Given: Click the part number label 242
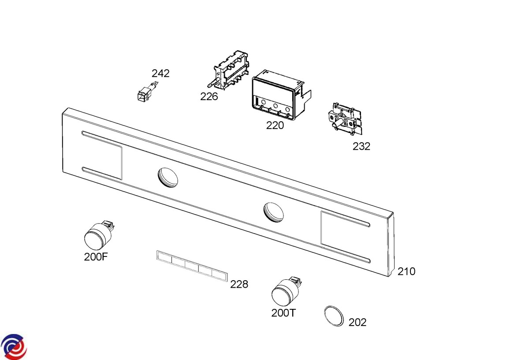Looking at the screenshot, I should tap(160, 73).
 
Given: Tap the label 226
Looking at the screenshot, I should tap(209, 96).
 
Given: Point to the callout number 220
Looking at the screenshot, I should tap(275, 125).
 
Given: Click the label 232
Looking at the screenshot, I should tap(361, 146).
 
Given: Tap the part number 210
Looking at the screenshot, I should tap(406, 271).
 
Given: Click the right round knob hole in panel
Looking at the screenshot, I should tap(274, 211).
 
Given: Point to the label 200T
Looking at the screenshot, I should tap(283, 313).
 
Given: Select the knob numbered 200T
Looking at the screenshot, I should tap(285, 291).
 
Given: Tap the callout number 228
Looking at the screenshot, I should tap(239, 284).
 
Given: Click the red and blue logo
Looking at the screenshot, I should tap(14, 346).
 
